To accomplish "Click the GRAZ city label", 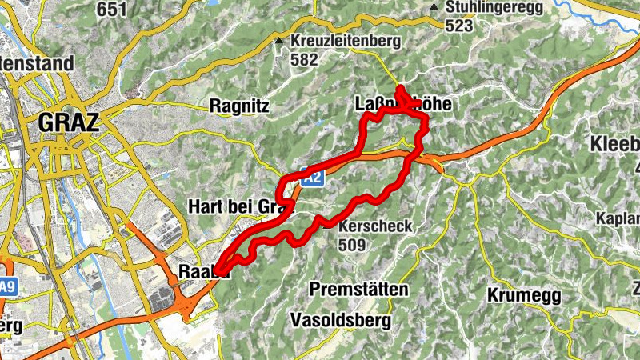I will point(68,123).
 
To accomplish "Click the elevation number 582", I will point(305,59).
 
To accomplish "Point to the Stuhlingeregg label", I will point(496,7).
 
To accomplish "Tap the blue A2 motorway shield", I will point(313,180).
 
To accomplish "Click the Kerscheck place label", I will point(375,226).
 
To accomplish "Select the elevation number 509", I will point(352,244).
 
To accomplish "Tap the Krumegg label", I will point(524,295).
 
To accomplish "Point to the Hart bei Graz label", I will point(237,206).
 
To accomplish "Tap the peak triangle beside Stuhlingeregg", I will point(434,7).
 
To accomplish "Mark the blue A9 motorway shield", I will point(7,286).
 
